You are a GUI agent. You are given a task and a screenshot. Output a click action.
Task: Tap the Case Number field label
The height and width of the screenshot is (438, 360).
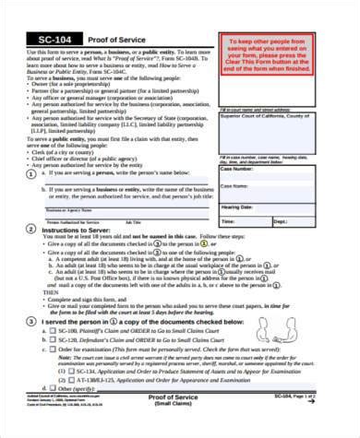click(238, 170)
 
